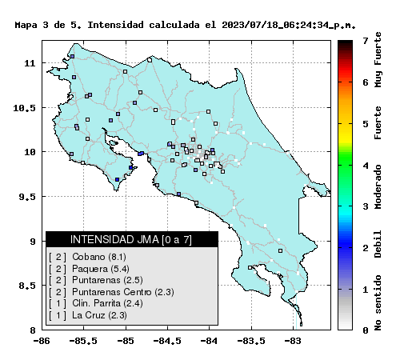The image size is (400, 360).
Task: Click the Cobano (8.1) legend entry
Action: (x=87, y=257)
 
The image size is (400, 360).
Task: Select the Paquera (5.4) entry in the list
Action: (x=89, y=269)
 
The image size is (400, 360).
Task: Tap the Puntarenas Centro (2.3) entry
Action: (x=111, y=292)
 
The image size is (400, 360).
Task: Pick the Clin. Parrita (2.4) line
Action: (x=96, y=303)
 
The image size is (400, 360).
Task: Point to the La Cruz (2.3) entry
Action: (x=88, y=315)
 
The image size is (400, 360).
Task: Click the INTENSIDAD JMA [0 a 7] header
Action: (x=131, y=239)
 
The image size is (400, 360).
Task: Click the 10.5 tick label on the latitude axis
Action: (x=24, y=108)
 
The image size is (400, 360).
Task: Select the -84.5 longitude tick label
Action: (x=167, y=341)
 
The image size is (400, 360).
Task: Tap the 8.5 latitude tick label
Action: (x=27, y=286)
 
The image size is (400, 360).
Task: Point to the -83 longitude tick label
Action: (x=293, y=341)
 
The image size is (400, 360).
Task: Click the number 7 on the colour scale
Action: (x=366, y=41)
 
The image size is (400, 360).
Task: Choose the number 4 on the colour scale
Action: (x=366, y=166)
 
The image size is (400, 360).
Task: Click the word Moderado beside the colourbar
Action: (x=378, y=186)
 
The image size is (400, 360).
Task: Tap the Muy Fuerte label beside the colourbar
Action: (x=378, y=59)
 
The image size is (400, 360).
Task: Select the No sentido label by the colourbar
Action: (x=378, y=302)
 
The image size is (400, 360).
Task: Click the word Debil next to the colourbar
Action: (x=378, y=244)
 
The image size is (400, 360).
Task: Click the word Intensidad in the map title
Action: (x=115, y=25)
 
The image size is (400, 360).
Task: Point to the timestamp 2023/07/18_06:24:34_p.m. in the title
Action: (x=289, y=25)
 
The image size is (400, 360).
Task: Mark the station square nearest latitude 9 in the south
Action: (x=280, y=250)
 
